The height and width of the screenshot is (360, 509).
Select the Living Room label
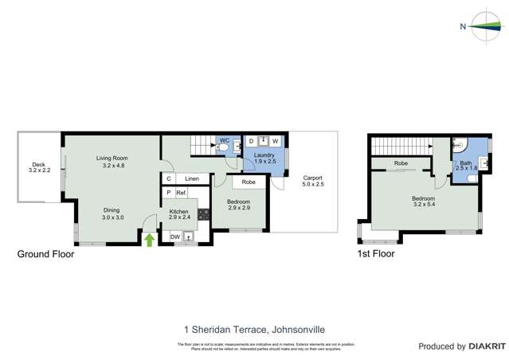click(x=112, y=158)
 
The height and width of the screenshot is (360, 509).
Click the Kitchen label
click(x=179, y=211)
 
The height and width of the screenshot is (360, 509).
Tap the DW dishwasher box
click(x=174, y=237)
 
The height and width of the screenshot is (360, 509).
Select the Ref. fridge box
click(x=181, y=193)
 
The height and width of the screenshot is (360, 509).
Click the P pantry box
click(x=168, y=193)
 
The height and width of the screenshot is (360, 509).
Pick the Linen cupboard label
click(x=192, y=178)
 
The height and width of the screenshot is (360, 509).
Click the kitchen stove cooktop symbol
click(x=203, y=213)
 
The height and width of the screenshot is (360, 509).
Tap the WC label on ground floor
click(x=225, y=141)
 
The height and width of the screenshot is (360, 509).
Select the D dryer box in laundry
click(x=251, y=141)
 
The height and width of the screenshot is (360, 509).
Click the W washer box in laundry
click(x=275, y=141)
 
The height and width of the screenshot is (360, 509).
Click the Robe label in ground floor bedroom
click(x=249, y=182)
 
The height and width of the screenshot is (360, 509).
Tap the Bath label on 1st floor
click(x=466, y=162)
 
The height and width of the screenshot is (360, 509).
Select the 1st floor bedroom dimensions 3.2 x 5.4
click(x=423, y=205)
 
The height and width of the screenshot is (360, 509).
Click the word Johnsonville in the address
click(x=298, y=329)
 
